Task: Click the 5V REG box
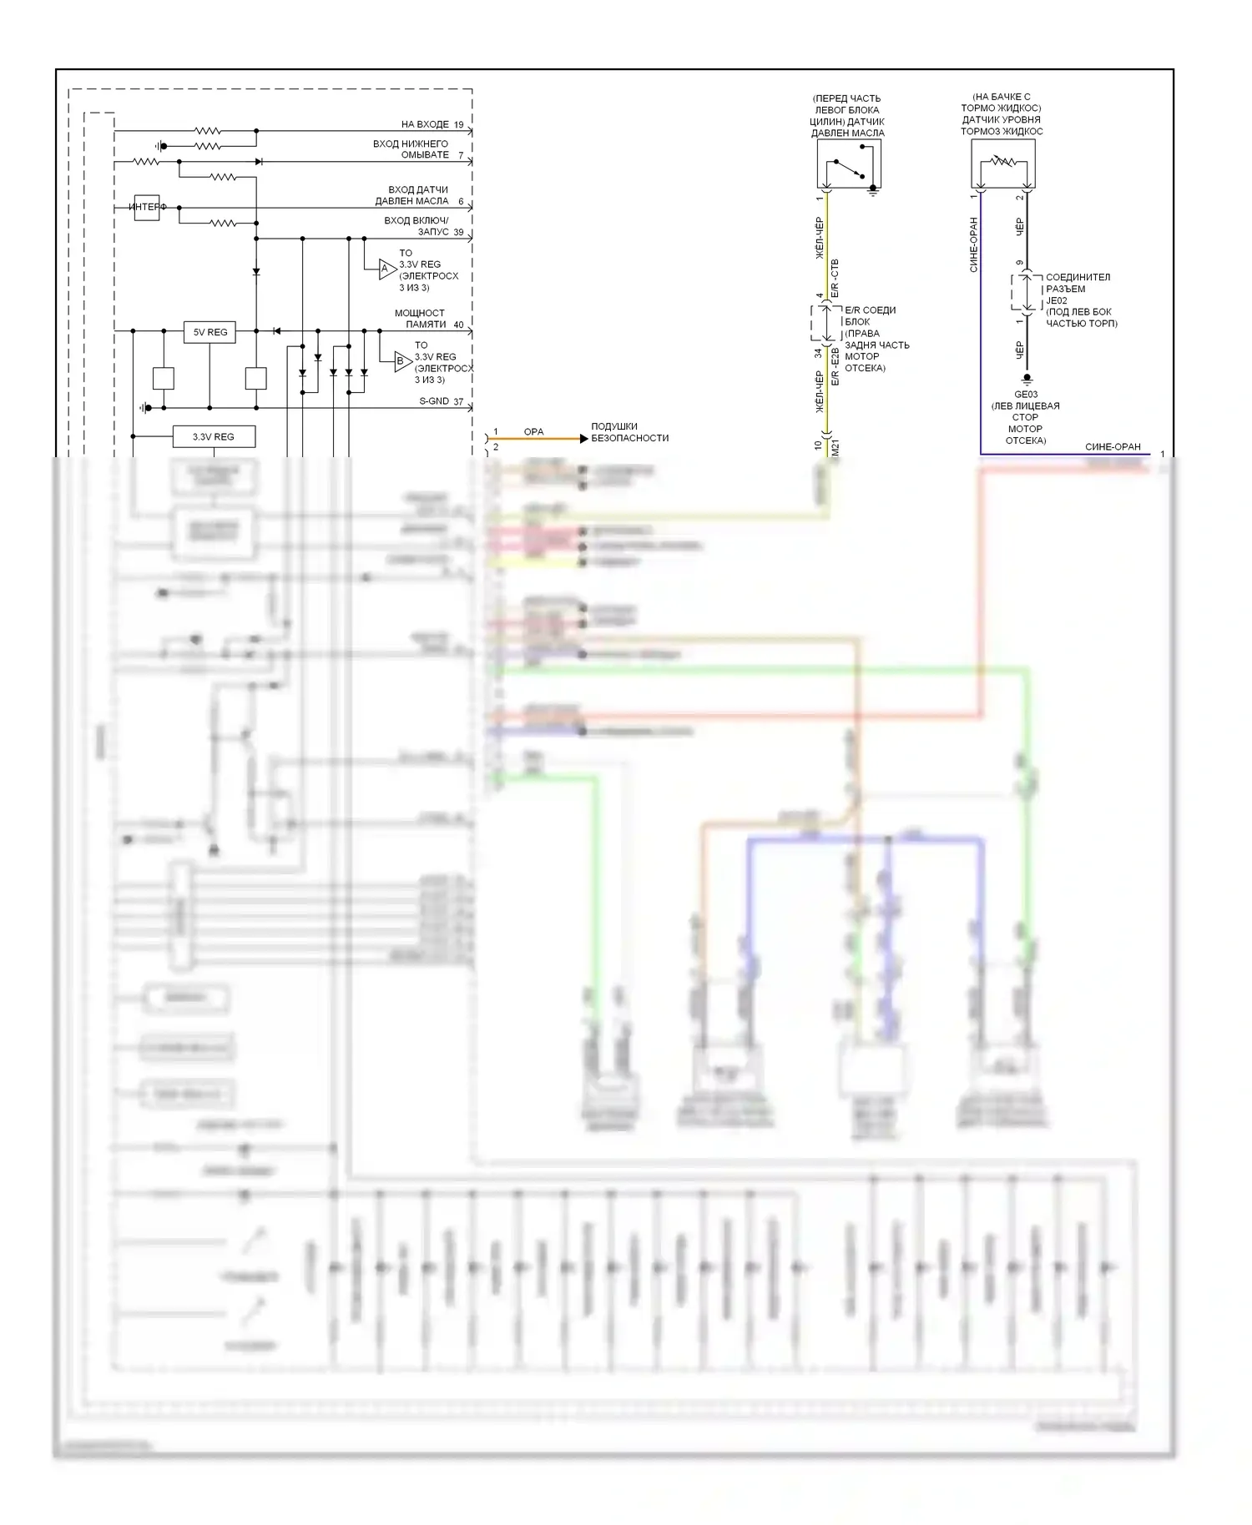click(x=210, y=332)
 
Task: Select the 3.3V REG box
click(x=213, y=436)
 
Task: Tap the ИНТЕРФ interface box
click(x=147, y=207)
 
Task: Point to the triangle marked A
click(x=386, y=269)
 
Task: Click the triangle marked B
click(x=402, y=361)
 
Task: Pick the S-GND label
click(x=434, y=401)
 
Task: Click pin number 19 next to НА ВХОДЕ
click(x=459, y=124)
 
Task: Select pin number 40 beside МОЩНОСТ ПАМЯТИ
click(x=458, y=325)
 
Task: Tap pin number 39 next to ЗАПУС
click(x=458, y=232)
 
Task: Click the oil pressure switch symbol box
click(x=849, y=164)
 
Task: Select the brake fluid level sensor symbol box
click(x=1002, y=164)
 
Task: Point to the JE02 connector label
click(x=1057, y=300)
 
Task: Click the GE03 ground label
click(x=1026, y=395)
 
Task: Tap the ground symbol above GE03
click(x=1027, y=380)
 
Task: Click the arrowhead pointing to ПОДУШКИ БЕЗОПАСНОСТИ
click(x=583, y=438)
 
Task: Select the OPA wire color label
click(x=533, y=431)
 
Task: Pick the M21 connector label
click(x=836, y=447)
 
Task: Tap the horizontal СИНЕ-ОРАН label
click(x=1113, y=446)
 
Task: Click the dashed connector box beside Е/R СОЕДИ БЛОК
click(x=825, y=323)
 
